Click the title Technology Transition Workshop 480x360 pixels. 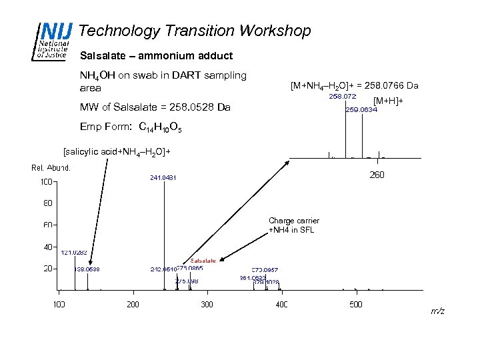coord(195,31)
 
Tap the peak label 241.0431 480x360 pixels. coord(163,178)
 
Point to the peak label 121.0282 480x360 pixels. coord(74,253)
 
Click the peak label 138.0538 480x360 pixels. coord(87,269)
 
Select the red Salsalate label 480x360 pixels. coord(203,261)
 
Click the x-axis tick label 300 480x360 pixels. coord(207,305)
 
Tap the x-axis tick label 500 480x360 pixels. coord(356,305)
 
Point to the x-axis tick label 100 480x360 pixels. coord(59,305)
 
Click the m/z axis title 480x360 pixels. coord(438,311)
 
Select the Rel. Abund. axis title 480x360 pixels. coord(51,167)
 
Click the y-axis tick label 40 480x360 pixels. coord(48,247)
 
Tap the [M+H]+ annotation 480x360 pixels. coord(389,101)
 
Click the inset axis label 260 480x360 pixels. coord(377,176)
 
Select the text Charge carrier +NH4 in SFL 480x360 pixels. coord(293,225)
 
